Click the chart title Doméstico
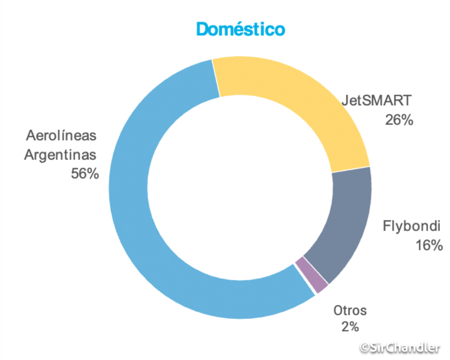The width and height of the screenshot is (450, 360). click(x=240, y=29)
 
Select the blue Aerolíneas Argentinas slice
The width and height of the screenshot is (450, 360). click(x=135, y=225)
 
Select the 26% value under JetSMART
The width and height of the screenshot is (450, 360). click(x=399, y=120)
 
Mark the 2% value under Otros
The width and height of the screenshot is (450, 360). click(x=349, y=326)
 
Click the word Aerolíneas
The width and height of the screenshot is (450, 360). click(x=62, y=136)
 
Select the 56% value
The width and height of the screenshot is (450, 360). click(x=84, y=173)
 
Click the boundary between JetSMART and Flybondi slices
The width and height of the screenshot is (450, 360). click(x=350, y=169)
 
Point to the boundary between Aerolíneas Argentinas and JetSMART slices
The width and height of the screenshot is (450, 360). click(x=216, y=79)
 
